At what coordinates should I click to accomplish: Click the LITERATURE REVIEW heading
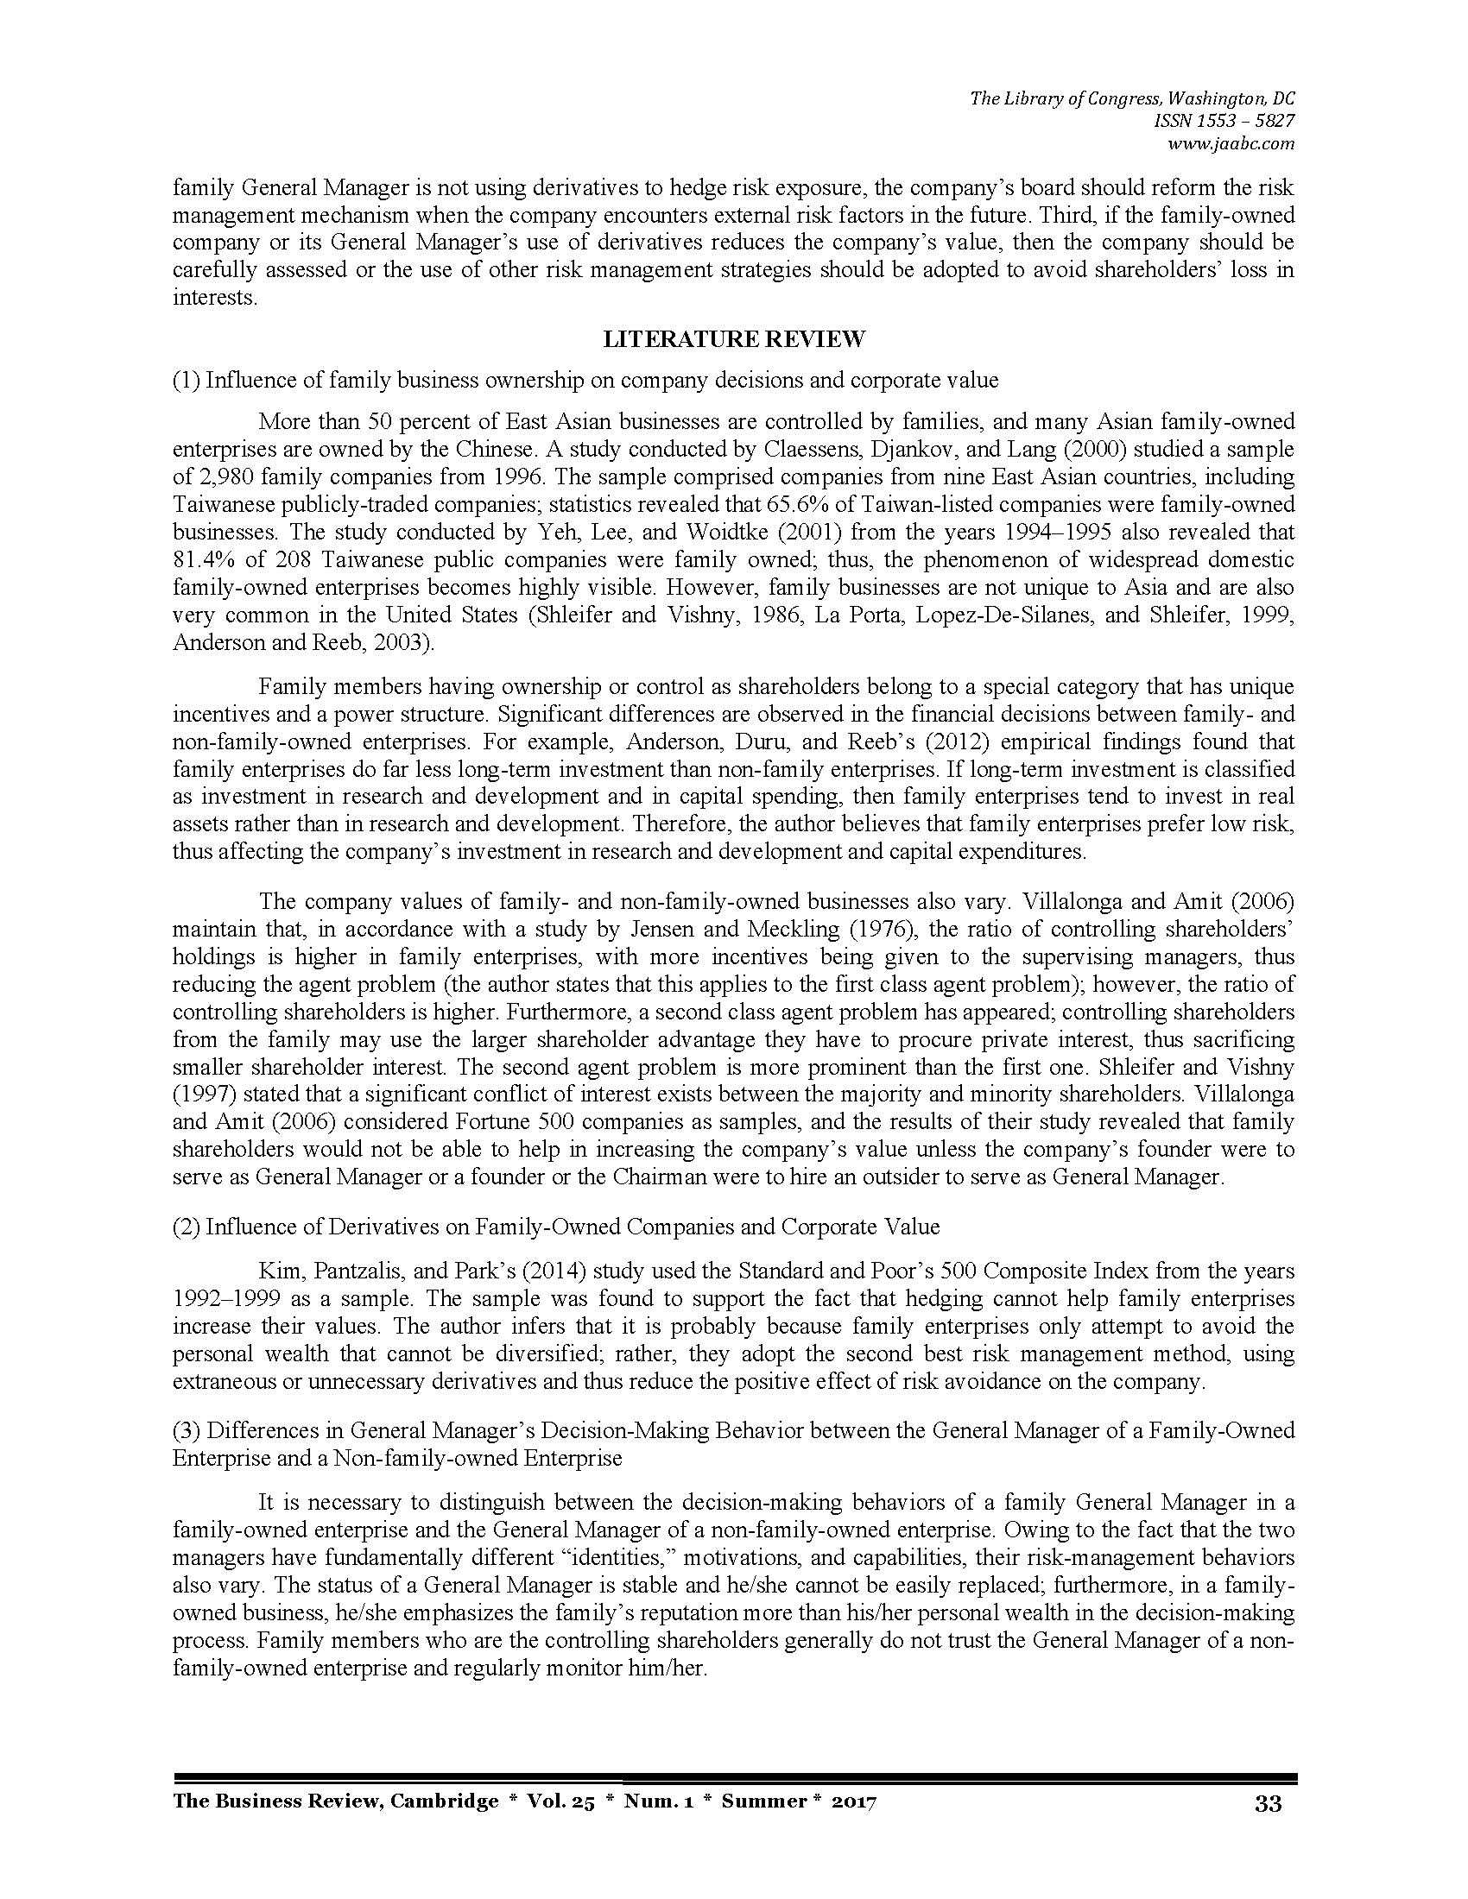pos(734,339)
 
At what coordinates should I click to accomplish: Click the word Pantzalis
pos(358,1271)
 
